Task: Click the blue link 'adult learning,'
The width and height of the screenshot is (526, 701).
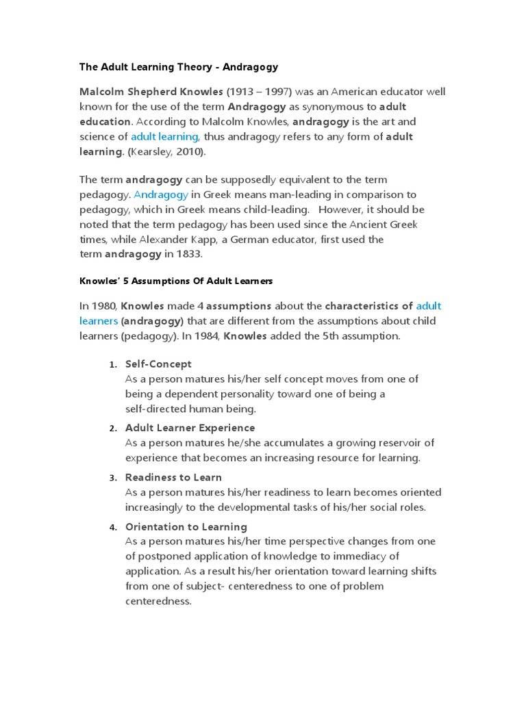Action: (x=165, y=136)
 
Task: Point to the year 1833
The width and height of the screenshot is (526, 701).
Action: (x=189, y=255)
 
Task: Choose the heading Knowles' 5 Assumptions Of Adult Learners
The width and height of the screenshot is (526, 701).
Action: (x=176, y=281)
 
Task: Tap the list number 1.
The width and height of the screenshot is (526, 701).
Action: (x=113, y=365)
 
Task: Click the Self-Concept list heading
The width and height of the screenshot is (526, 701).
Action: (x=158, y=364)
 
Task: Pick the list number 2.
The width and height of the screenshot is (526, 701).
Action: (x=113, y=429)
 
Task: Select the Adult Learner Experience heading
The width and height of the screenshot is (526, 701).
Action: (x=180, y=428)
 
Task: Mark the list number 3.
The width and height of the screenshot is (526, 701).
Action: (x=113, y=478)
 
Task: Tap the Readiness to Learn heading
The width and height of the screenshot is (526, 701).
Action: (x=173, y=477)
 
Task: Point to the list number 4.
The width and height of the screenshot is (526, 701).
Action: (x=113, y=527)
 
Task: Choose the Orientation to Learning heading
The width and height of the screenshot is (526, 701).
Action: (x=186, y=526)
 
